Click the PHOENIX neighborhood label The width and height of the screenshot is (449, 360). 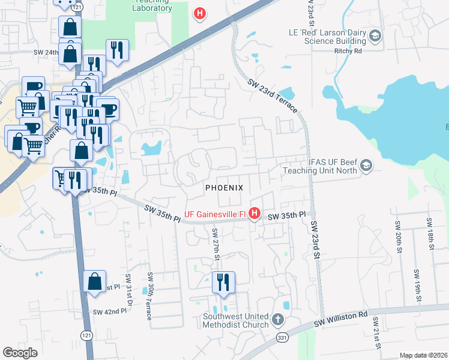(224, 188)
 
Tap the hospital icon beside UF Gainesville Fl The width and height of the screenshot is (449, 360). (255, 214)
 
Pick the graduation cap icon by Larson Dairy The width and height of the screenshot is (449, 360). (375, 37)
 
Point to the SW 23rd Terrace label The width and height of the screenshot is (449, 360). (272, 95)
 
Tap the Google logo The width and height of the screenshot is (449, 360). (20, 353)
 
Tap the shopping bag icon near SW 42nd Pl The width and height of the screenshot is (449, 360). (95, 281)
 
